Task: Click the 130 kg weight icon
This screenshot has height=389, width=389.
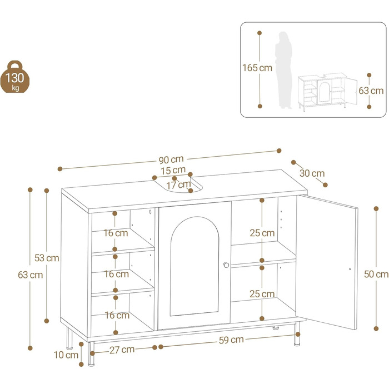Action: click(x=15, y=77)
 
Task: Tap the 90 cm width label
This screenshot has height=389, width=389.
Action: click(x=171, y=160)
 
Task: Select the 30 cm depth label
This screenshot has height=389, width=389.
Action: click(x=312, y=173)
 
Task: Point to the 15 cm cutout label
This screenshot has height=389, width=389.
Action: click(x=173, y=171)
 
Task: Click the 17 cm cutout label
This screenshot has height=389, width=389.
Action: click(x=178, y=185)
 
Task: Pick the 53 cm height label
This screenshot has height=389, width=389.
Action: click(x=47, y=258)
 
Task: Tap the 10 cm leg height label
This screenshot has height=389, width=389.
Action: click(x=66, y=355)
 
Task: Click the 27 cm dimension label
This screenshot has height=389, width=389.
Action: click(x=122, y=350)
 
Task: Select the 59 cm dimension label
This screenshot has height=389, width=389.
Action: click(x=232, y=340)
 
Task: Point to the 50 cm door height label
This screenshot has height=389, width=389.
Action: click(x=376, y=274)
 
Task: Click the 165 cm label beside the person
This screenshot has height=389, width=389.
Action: click(x=257, y=68)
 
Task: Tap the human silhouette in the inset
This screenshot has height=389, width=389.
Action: click(x=284, y=70)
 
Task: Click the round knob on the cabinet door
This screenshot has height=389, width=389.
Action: click(x=226, y=265)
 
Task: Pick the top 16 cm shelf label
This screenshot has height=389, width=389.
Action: click(x=116, y=233)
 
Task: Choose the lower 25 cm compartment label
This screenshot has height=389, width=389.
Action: click(x=262, y=294)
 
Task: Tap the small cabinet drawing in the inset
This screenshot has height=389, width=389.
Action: click(x=327, y=91)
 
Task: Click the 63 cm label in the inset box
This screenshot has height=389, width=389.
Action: click(x=371, y=91)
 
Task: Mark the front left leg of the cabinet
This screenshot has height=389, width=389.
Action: click(x=91, y=354)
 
